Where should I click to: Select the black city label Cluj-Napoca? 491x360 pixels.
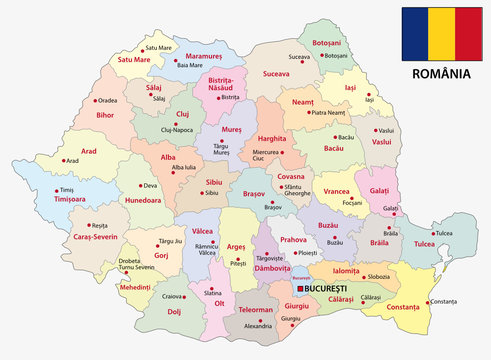(x=174, y=131)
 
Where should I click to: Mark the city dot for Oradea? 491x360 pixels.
(x=96, y=101)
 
